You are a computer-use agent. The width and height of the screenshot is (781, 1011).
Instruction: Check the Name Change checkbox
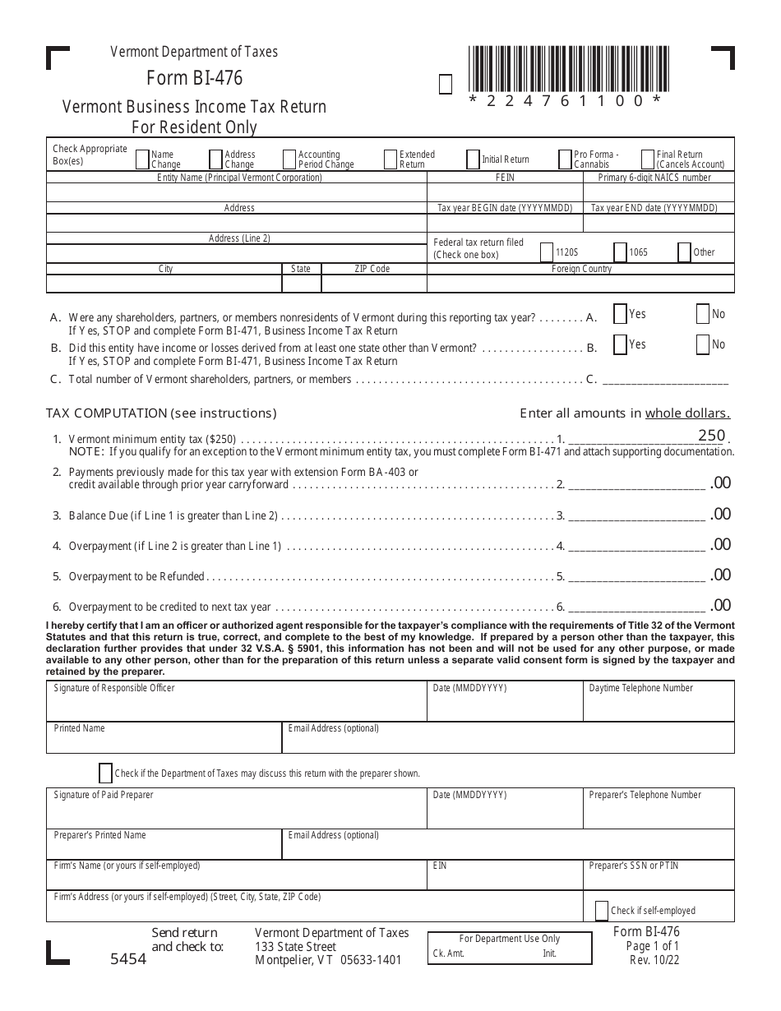142,159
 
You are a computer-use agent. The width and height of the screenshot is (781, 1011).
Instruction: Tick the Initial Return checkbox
473,159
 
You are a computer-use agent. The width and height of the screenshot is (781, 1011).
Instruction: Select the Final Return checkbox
648,159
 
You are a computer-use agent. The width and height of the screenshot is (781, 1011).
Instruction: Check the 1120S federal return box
548,252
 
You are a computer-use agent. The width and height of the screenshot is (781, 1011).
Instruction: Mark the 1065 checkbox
621,252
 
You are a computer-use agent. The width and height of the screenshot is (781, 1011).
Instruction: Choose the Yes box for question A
621,314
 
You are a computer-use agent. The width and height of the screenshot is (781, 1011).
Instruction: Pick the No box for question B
703,345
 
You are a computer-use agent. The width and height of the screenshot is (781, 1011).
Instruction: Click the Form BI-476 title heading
195,78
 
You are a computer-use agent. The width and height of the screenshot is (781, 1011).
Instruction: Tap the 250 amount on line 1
711,436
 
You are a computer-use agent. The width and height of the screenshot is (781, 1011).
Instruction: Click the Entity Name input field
237,193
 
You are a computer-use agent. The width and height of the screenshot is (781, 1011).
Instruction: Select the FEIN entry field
505,193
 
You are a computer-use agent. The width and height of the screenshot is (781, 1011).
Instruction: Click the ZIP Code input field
372,284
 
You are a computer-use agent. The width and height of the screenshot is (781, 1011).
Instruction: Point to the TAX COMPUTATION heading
161,413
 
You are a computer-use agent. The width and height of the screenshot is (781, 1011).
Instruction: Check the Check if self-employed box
602,910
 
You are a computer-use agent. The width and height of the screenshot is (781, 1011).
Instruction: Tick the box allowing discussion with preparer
105,773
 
